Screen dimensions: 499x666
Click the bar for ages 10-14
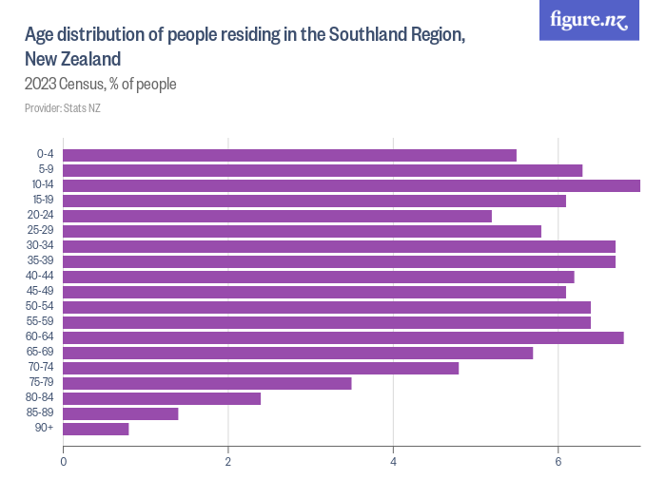[351, 185]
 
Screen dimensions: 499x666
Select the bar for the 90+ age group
[95, 429]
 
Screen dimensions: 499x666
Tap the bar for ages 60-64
[343, 337]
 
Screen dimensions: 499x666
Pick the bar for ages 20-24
[277, 216]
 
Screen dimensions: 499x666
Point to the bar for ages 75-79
[206, 383]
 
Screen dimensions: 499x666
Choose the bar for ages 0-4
[289, 155]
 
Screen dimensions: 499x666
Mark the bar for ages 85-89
[120, 413]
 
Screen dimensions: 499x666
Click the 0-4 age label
[45, 155]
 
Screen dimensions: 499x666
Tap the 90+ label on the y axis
[46, 429]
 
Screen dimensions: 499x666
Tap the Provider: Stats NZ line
[63, 108]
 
